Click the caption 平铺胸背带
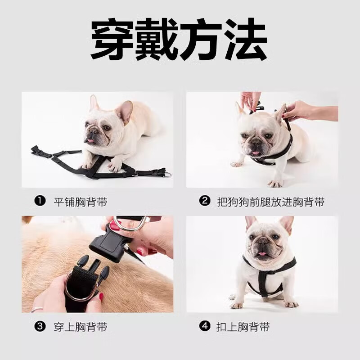[x=81, y=202]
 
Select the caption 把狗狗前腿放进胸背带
[x=270, y=202]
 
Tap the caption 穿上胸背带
[x=81, y=327]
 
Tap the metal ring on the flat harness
[x=167, y=174]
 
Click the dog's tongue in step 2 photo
[x=256, y=153]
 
